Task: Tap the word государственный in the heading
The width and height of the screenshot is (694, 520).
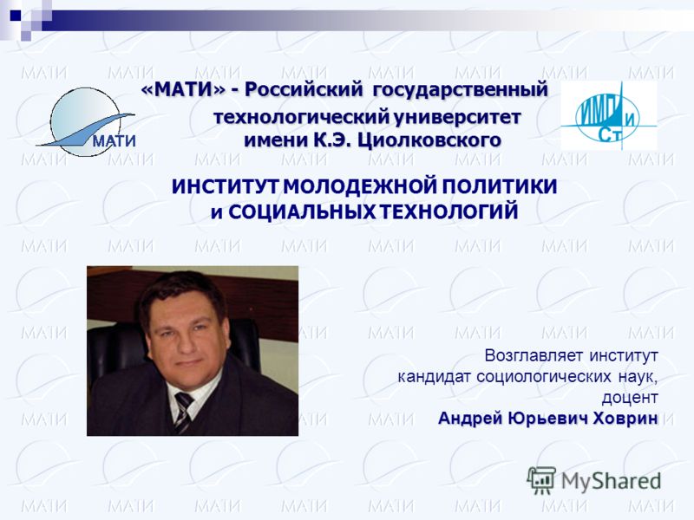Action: coord(461,91)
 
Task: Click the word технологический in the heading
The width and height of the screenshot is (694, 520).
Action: coord(301,118)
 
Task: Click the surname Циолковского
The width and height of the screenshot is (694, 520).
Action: coord(429,140)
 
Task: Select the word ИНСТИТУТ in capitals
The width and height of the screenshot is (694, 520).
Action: coord(226,186)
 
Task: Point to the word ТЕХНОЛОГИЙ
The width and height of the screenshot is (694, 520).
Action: coord(449,211)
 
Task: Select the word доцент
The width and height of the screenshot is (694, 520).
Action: coord(630,398)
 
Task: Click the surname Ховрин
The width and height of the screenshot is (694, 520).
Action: coord(625,418)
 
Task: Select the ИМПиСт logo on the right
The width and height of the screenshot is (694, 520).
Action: coord(609,115)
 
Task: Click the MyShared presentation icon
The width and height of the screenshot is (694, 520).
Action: coord(541,480)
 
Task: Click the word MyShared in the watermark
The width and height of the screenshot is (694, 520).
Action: coord(611,481)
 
